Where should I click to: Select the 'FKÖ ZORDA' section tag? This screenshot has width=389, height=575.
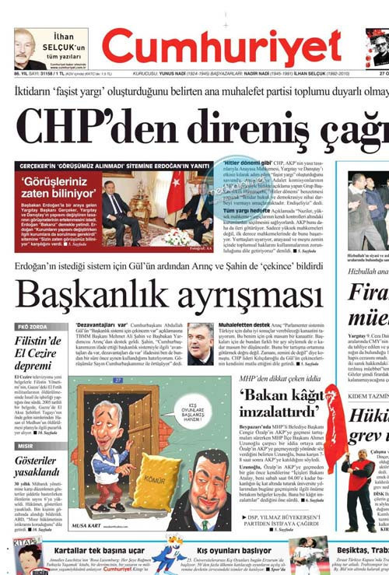pyautogui.click(x=32, y=327)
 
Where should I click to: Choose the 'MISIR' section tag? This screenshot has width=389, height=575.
pyautogui.click(x=26, y=447)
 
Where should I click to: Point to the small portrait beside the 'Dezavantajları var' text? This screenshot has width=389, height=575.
pyautogui.click(x=201, y=342)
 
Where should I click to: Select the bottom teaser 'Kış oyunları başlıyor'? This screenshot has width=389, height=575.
pyautogui.click(x=233, y=549)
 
